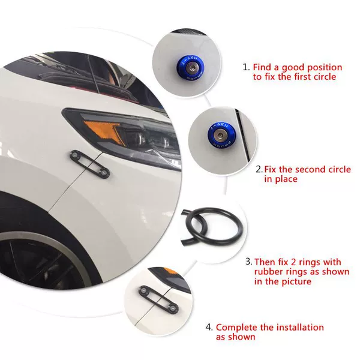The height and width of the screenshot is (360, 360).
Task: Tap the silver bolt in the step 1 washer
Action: click(190, 67)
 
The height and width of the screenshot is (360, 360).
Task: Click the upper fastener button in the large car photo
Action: click(74, 155)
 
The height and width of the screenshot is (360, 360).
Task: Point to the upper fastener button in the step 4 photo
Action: click(143, 290)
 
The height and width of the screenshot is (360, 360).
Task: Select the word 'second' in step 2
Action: click(311, 169)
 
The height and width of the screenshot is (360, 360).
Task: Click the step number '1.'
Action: click(247, 67)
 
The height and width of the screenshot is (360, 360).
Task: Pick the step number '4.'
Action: click(209, 327)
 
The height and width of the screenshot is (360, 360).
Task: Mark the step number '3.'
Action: click(249, 262)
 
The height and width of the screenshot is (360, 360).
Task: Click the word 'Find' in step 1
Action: click(262, 67)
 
